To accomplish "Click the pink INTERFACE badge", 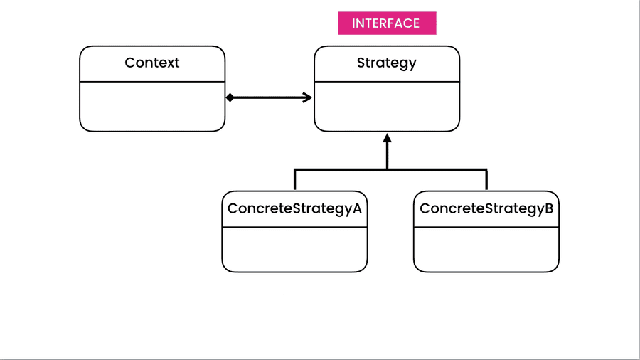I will [386, 23].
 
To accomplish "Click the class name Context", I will [152, 63].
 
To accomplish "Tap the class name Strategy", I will [387, 63].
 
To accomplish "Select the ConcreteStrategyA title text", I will [294, 208].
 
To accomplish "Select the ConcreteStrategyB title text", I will [486, 208].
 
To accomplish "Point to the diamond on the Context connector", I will [230, 97].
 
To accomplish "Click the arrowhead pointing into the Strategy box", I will [308, 97].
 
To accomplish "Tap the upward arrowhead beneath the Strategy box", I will [387, 138].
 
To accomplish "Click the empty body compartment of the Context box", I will [152, 107].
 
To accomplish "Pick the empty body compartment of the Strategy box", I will [387, 107].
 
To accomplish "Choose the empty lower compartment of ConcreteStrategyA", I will [294, 250].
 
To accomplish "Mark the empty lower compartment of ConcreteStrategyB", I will [486, 250].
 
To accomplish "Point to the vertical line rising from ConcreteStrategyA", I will [294, 180].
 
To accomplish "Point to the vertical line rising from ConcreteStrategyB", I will [486, 180].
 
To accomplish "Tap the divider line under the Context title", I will [152, 82].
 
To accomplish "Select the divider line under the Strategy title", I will [387, 82].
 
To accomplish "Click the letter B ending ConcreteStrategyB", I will [549, 208].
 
